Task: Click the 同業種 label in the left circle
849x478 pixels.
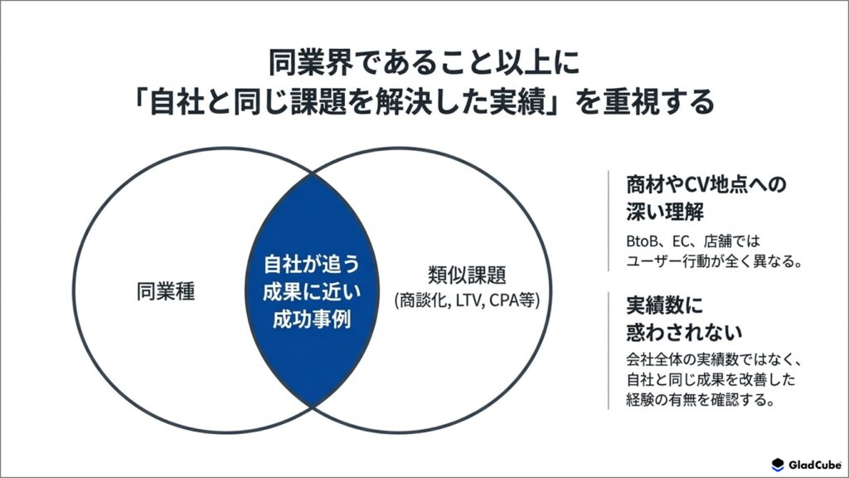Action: [x=165, y=292]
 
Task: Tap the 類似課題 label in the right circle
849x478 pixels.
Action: [x=467, y=275]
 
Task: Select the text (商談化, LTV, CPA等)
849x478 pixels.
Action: [x=467, y=300]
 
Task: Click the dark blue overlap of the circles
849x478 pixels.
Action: [x=312, y=290]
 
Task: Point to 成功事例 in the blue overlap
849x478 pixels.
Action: [x=312, y=319]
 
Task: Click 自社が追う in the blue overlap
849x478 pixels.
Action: [x=312, y=264]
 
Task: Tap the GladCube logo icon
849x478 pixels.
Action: [x=778, y=465]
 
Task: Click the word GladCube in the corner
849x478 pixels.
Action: [x=814, y=465]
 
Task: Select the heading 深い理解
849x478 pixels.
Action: [x=665, y=212]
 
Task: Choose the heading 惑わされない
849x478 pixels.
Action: [x=684, y=332]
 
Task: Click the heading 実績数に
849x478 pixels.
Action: [x=664, y=305]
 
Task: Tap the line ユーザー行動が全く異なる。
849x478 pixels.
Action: [x=714, y=261]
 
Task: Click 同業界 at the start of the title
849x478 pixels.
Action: [x=310, y=62]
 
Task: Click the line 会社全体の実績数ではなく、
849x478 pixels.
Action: [x=714, y=359]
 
